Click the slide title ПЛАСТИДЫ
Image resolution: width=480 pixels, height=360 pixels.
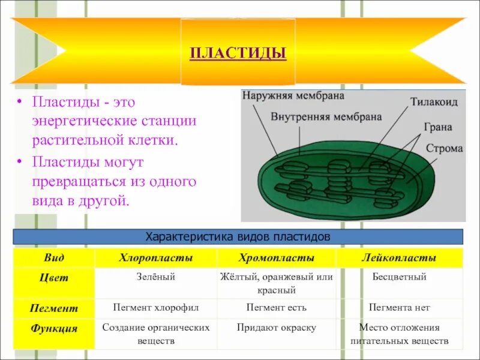(x=238, y=53)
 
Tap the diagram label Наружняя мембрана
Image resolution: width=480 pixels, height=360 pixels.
(x=284, y=95)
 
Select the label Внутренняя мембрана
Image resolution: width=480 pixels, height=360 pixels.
(x=326, y=116)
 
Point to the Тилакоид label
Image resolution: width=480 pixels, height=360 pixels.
(x=434, y=102)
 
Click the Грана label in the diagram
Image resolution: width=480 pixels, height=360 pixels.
(x=437, y=128)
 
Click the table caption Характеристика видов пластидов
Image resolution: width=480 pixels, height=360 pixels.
(x=238, y=237)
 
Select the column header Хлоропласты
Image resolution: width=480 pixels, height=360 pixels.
(x=155, y=258)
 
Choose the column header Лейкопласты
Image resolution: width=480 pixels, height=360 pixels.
(x=399, y=258)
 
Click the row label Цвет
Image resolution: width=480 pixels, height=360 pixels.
(x=54, y=278)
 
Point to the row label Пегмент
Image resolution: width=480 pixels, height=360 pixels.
(x=54, y=308)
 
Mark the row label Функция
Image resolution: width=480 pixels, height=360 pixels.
(x=54, y=329)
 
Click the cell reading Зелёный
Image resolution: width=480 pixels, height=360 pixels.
(x=155, y=277)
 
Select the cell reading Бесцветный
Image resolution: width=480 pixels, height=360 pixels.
(x=399, y=277)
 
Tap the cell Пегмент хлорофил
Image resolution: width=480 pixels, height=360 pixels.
(x=155, y=308)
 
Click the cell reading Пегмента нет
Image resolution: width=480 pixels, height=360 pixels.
(x=399, y=308)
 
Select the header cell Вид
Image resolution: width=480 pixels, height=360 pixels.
(x=54, y=258)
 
